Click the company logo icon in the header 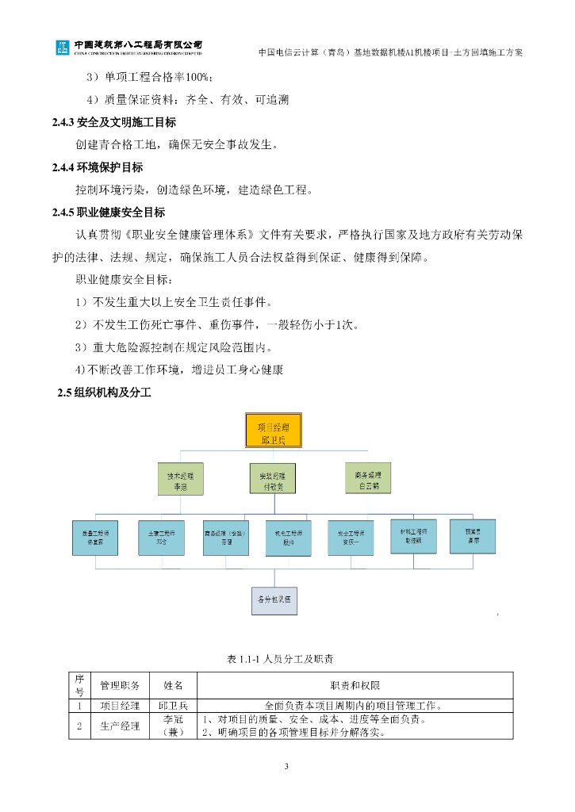(62, 48)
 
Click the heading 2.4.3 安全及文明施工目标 (113, 123)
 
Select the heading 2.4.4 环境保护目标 (98, 167)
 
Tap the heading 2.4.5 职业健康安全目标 (108, 213)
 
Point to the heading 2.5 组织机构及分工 (104, 393)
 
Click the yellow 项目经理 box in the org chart (273, 433)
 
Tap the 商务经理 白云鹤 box (367, 478)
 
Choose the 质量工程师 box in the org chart (96, 538)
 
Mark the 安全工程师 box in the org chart (351, 538)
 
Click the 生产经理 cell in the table (120, 726)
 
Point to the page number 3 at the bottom (287, 766)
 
